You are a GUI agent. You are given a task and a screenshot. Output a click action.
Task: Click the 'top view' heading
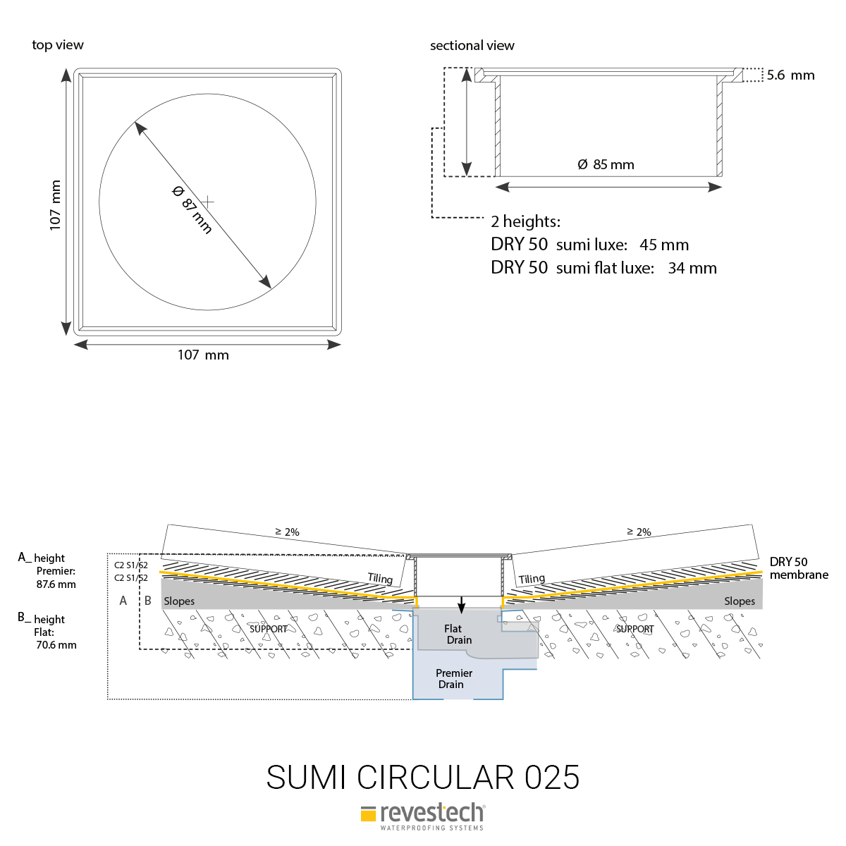pyautogui.click(x=58, y=45)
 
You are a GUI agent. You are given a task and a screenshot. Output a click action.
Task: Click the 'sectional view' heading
pyautogui.click(x=472, y=45)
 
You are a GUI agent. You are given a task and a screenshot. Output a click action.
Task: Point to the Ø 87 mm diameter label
pyautogui.click(x=192, y=210)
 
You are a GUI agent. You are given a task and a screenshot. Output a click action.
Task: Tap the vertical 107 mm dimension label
pyautogui.click(x=55, y=205)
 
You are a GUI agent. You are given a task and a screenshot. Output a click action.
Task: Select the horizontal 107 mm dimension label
pyautogui.click(x=203, y=355)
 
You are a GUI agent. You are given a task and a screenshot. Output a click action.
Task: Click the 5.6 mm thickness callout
pyautogui.click(x=791, y=75)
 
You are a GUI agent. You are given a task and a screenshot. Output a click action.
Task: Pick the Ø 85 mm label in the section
pyautogui.click(x=606, y=165)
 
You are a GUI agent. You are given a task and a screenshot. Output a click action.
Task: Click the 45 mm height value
pyautogui.click(x=664, y=245)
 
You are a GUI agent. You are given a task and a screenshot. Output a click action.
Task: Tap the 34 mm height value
pyautogui.click(x=692, y=268)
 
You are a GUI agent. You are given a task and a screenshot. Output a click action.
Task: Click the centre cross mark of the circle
pyautogui.click(x=208, y=202)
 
